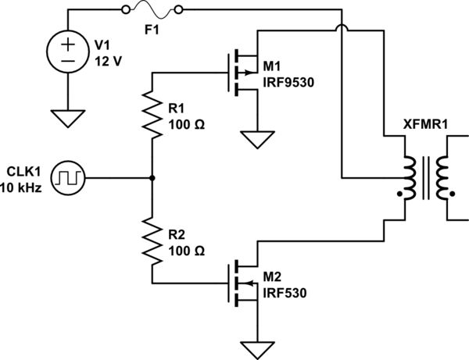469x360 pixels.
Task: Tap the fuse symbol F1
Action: click(x=154, y=10)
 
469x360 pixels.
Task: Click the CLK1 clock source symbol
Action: click(x=72, y=178)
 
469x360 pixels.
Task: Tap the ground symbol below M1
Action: click(x=257, y=140)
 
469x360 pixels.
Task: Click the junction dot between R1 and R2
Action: click(x=152, y=178)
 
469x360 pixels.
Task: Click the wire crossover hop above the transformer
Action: click(x=342, y=30)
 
